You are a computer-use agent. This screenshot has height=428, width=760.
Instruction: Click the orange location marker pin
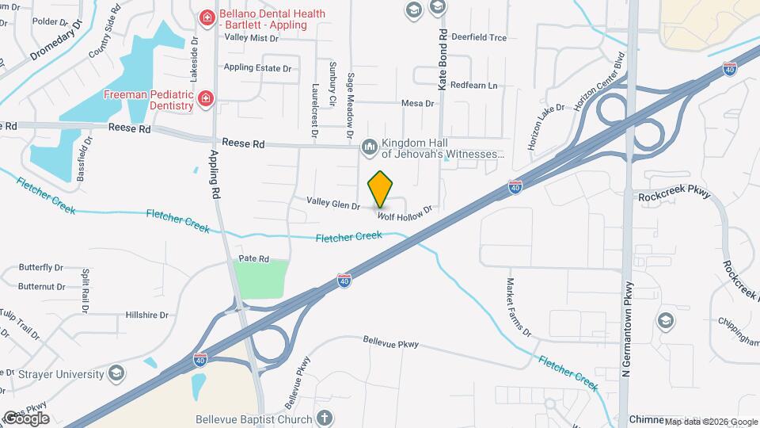point(381,189)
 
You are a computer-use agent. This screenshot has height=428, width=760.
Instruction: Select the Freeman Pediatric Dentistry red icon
point(206,98)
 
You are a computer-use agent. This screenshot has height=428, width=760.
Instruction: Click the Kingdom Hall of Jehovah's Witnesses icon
point(369,147)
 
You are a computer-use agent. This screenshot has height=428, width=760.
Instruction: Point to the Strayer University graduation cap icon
point(116,373)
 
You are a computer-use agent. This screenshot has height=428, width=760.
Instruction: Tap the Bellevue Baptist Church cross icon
point(324,417)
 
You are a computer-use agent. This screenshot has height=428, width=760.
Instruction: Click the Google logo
point(25,418)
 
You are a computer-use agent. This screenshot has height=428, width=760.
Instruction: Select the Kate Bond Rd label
point(444,59)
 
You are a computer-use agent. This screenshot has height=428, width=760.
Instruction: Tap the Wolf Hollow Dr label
point(405,212)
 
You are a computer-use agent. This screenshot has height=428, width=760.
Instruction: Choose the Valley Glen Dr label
point(333,203)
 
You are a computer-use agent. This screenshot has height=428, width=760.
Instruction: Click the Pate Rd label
point(254,259)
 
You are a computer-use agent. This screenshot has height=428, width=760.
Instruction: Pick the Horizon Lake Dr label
point(546,128)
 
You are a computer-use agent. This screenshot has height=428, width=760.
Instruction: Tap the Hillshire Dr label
point(147,315)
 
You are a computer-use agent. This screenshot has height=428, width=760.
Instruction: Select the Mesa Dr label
point(418,103)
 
